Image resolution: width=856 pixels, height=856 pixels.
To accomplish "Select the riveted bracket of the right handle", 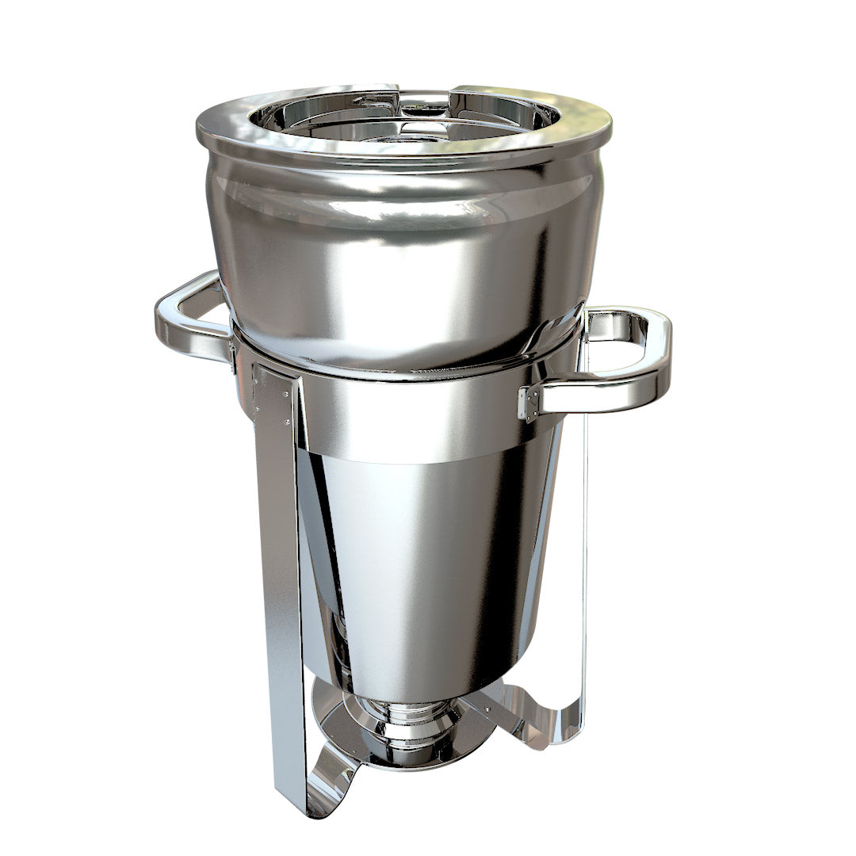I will pos(529,403).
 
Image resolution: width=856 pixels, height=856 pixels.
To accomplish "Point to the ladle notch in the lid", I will pos(424,99).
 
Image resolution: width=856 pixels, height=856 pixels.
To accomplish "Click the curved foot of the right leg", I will pos(539,721).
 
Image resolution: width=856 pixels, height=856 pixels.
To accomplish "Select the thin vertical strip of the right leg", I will pos(585,555).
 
